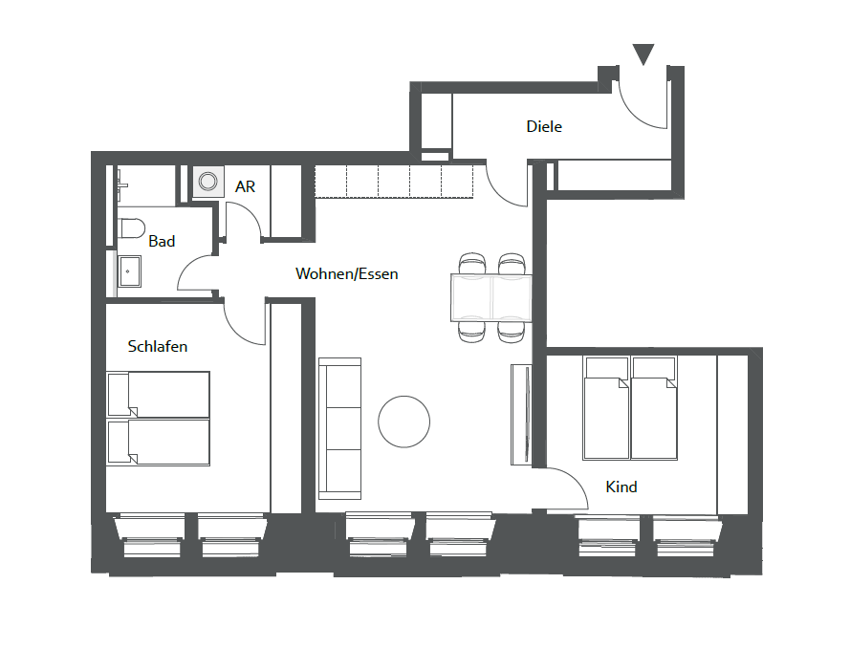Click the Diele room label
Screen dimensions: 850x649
544,127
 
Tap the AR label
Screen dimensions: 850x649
245,187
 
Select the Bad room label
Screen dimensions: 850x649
162,241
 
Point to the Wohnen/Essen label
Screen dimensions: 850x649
346,273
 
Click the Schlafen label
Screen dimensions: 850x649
157,346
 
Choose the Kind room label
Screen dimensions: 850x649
621,487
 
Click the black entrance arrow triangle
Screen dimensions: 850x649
643,54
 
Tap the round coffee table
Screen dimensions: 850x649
403,422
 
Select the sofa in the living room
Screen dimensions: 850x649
339,428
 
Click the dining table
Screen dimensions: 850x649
491,298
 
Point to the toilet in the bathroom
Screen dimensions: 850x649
131,228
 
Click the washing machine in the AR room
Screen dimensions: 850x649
208,182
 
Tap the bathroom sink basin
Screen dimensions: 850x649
130,271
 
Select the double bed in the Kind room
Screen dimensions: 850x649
630,407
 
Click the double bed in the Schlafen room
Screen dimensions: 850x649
159,419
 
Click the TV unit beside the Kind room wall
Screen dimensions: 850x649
520,415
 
